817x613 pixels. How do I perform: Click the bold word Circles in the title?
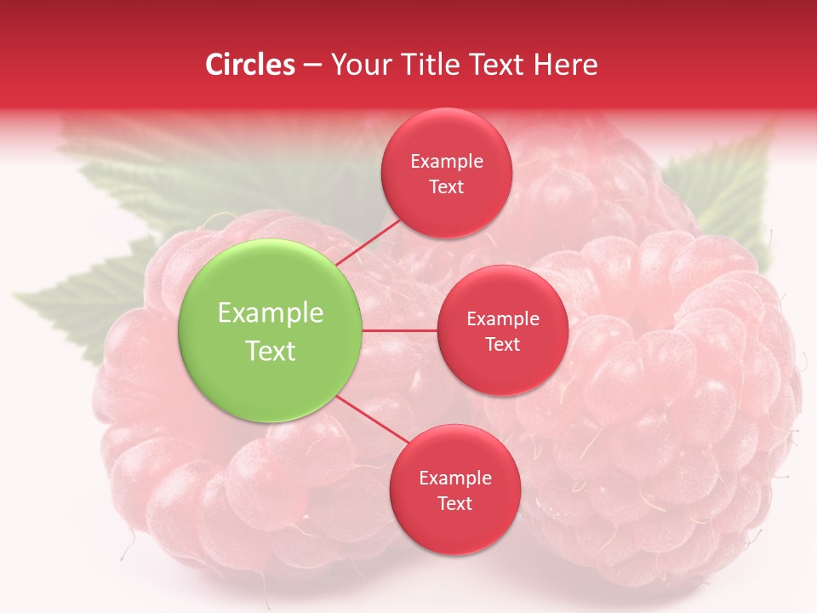(250, 65)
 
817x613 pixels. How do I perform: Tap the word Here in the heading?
(565, 65)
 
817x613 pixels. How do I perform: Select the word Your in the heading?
(357, 65)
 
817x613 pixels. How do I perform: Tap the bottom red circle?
(454, 528)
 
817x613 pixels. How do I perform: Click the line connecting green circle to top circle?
(368, 242)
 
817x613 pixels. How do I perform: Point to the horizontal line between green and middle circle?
(399, 330)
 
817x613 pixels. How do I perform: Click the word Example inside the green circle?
(270, 313)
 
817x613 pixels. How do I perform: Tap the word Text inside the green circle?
(270, 351)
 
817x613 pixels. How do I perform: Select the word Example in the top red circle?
(446, 162)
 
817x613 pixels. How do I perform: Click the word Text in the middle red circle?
(502, 345)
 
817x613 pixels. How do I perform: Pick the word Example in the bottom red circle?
(454, 478)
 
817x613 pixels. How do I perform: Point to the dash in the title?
(312, 65)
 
